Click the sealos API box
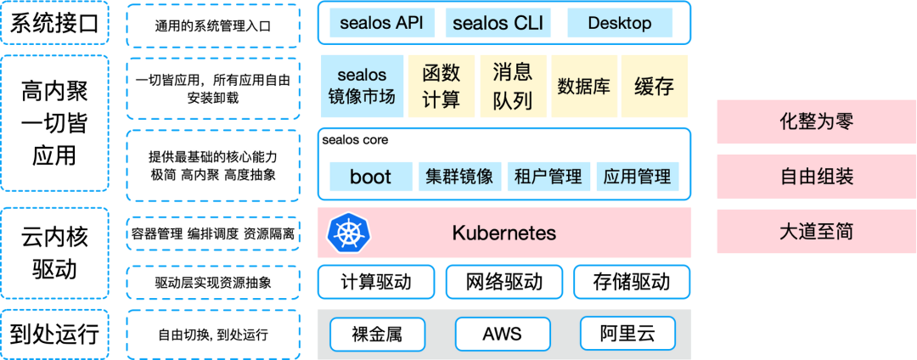(381, 23)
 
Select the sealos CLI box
(498, 23)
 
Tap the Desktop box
(619, 23)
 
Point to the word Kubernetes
(504, 233)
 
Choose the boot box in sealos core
(370, 177)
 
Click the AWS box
(502, 334)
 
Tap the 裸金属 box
(376, 334)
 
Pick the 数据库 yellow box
(583, 87)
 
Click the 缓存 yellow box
(654, 87)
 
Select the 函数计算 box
(441, 87)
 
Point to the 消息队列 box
(512, 87)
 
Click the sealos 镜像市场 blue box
(362, 87)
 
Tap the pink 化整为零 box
(816, 121)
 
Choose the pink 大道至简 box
(816, 231)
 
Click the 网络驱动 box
(504, 282)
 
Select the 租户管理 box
(549, 177)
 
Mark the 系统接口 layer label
(54, 25)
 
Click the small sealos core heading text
(355, 140)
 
